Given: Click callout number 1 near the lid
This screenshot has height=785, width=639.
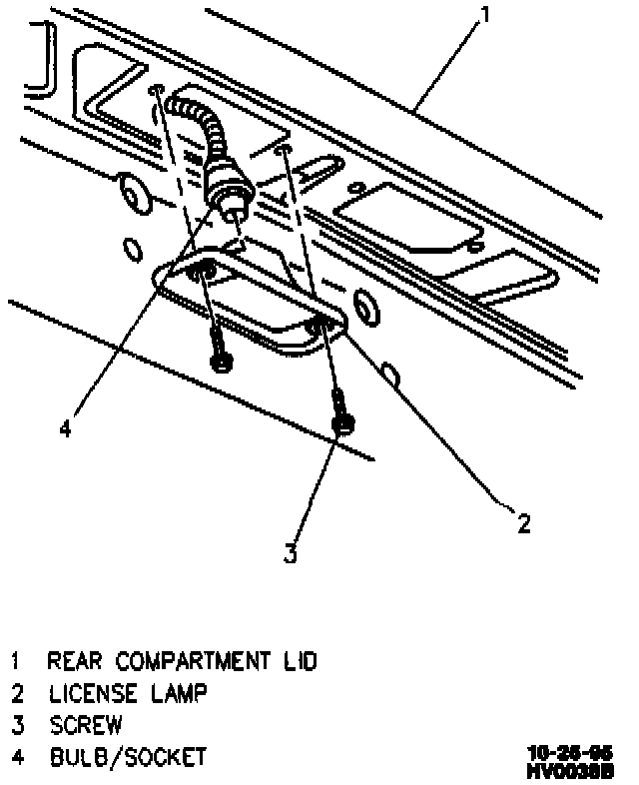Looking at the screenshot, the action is click(485, 15).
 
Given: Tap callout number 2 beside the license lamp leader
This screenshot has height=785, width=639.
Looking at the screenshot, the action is click(522, 521).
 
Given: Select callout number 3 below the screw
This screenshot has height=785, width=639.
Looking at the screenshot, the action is click(290, 552).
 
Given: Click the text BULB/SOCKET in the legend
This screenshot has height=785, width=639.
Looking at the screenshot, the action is click(128, 756).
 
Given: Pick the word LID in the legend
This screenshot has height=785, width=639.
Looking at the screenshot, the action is click(301, 660).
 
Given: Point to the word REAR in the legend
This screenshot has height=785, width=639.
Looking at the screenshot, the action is click(74, 660).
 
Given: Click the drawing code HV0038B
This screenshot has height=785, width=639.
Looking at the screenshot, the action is click(571, 771).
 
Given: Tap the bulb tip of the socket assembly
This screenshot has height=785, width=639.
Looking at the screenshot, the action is click(232, 206).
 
